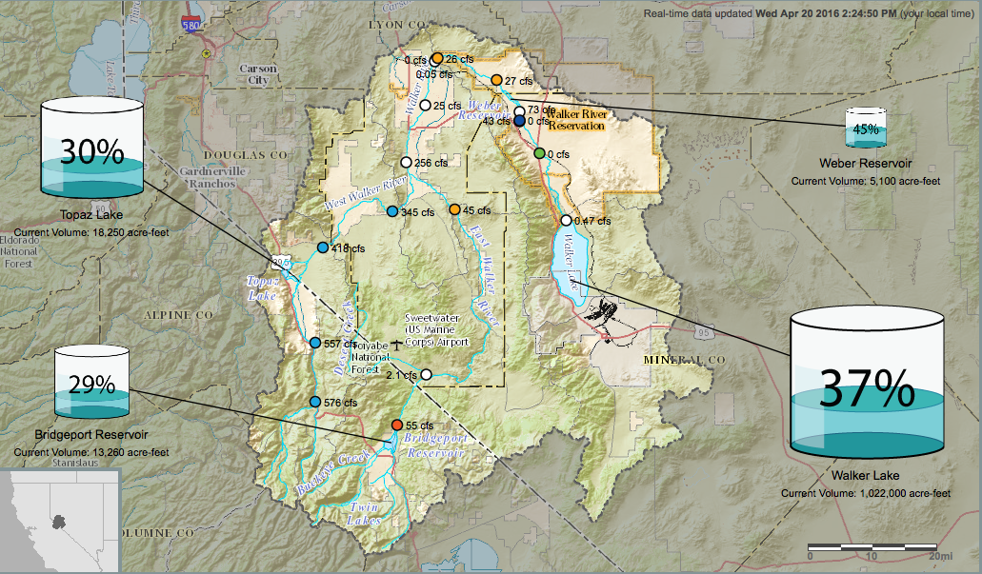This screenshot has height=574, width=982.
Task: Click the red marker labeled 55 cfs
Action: click(x=397, y=425)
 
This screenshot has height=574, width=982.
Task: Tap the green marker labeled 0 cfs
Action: click(x=539, y=153)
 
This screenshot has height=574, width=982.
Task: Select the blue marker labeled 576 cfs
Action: click(x=315, y=402)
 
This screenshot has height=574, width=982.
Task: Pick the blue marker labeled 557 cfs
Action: click(x=315, y=343)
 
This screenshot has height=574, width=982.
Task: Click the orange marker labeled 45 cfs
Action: click(x=455, y=209)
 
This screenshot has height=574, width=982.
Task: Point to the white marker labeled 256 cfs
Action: click(x=406, y=163)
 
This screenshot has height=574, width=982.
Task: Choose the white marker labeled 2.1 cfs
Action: click(x=427, y=375)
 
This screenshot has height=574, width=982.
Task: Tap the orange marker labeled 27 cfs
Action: click(x=496, y=80)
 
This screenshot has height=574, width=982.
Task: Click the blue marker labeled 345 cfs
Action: click(x=391, y=211)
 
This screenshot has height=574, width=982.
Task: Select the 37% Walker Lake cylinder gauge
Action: click(x=867, y=385)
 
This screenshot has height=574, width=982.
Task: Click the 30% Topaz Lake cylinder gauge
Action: click(x=91, y=148)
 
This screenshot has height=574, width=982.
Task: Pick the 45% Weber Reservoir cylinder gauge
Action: click(x=866, y=128)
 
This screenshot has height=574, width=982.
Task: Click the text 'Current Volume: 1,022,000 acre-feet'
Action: click(x=865, y=493)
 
